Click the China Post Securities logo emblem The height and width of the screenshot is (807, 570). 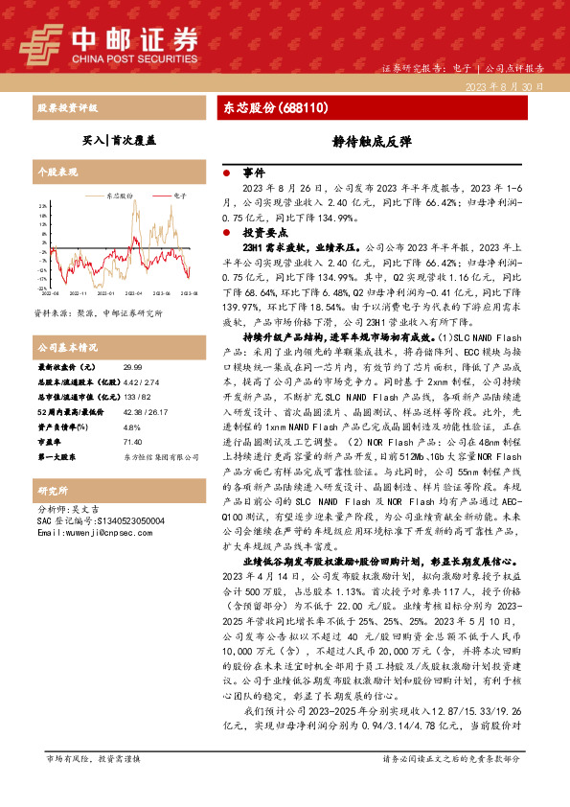tap(40, 42)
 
